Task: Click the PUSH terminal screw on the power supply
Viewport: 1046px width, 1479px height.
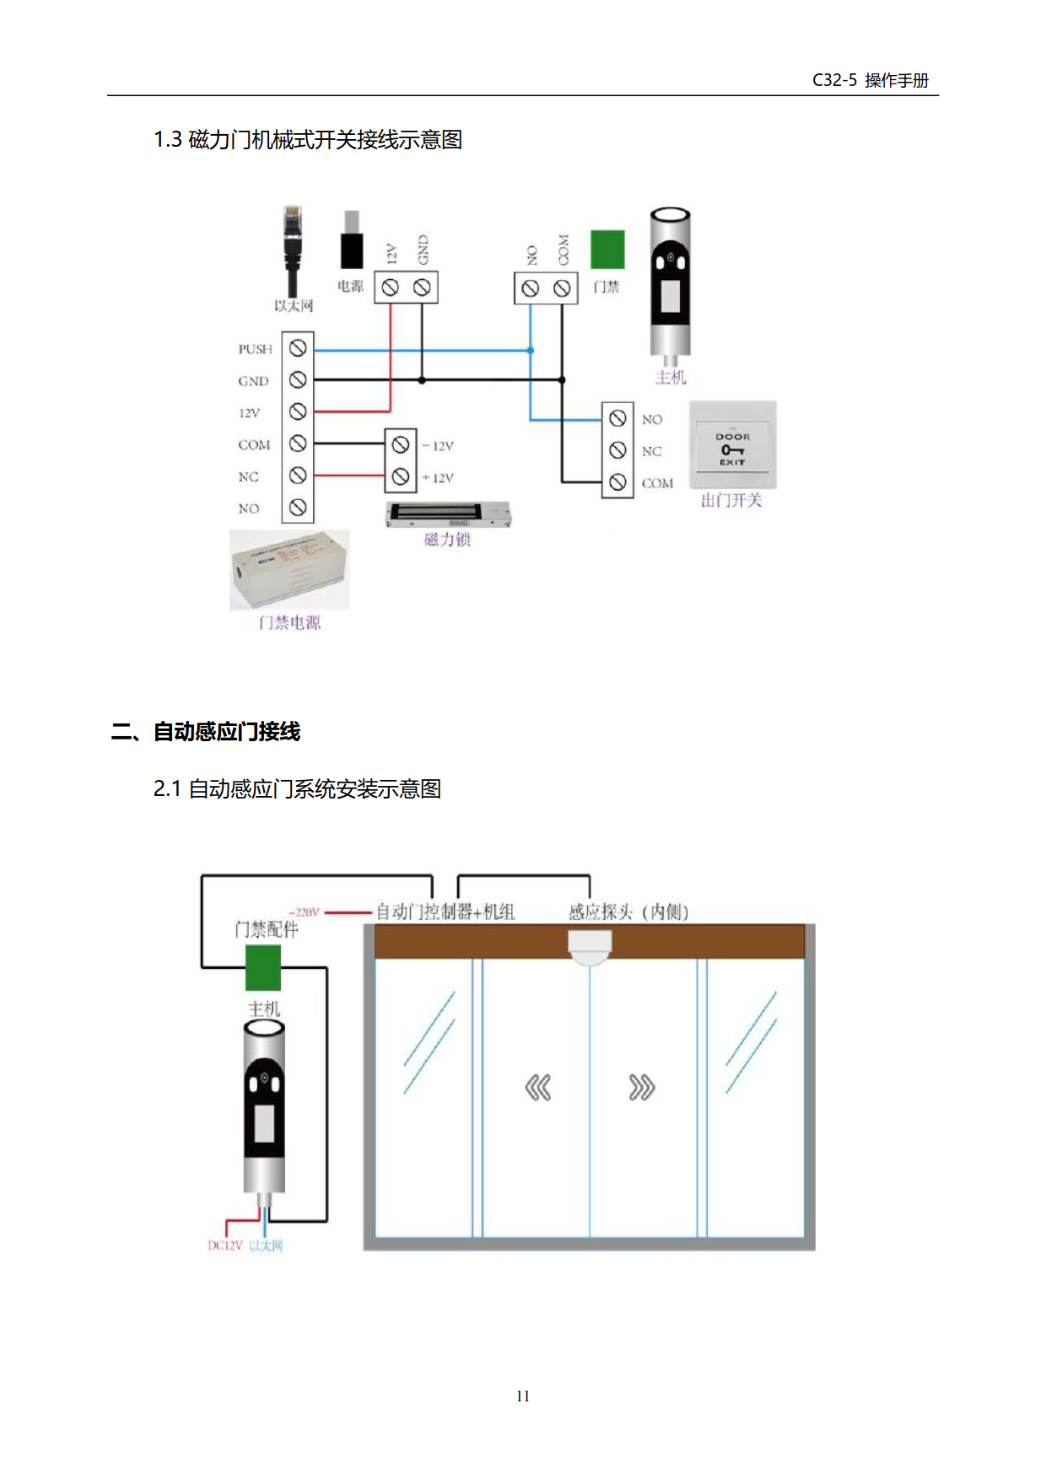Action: point(298,348)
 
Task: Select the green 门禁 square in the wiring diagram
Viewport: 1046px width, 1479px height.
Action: point(607,250)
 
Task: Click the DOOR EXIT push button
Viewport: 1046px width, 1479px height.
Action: point(732,446)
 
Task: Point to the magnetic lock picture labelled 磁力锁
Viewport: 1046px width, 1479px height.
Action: point(447,514)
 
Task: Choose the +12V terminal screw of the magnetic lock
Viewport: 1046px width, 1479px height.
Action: point(401,476)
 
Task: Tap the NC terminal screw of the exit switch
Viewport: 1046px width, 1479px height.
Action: point(617,450)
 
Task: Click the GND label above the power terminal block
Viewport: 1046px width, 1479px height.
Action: point(423,250)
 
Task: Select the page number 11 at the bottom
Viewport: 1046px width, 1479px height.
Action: point(523,1396)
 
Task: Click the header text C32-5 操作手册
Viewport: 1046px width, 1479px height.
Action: point(870,80)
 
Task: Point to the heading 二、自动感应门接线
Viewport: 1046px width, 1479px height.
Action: point(206,731)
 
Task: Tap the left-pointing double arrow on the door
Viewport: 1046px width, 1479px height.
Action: point(537,1088)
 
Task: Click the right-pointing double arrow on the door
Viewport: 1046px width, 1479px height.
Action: point(641,1088)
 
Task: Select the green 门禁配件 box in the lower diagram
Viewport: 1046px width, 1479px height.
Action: point(263,967)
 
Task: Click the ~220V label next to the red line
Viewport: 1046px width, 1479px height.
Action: point(304,912)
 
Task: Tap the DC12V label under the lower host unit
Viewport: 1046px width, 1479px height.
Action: point(224,1245)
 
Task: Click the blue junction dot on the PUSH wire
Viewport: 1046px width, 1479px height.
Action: point(531,350)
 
